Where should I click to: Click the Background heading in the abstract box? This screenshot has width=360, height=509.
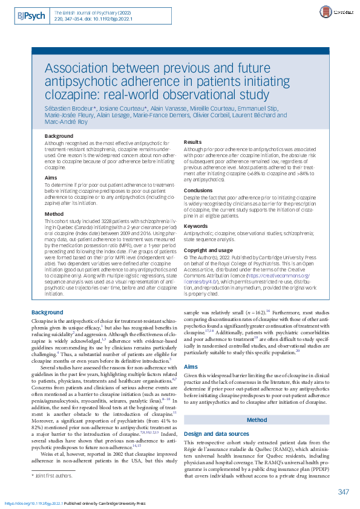pyautogui.click(x=59, y=136)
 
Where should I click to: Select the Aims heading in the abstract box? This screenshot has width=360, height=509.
pyautogui.click(x=51, y=178)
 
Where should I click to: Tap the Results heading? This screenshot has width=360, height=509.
pyautogui.click(x=193, y=142)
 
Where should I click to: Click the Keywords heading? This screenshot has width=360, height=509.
pyautogui.click(x=195, y=226)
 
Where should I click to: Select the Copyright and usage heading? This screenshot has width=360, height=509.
pyautogui.click(x=208, y=250)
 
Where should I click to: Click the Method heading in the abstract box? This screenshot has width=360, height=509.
pyautogui.click(x=54, y=214)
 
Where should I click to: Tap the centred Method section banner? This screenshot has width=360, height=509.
pyautogui.click(x=257, y=420)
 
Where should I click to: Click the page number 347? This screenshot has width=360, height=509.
pyautogui.click(x=344, y=491)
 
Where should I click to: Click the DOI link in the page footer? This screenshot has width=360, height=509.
pyautogui.click(x=33, y=503)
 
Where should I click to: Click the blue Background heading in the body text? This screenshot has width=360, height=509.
pyautogui.click(x=47, y=312)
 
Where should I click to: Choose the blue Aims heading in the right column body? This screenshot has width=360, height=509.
pyautogui.click(x=190, y=367)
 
